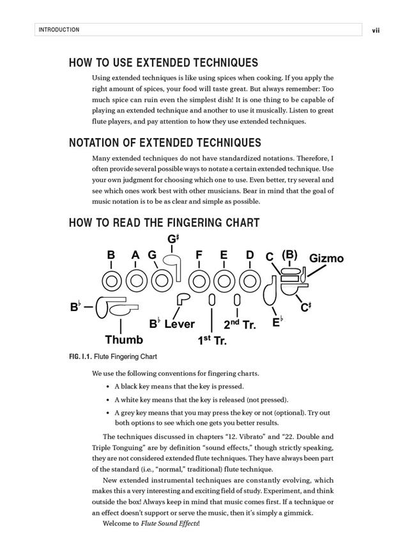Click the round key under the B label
click(112, 281)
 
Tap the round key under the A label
click(136, 281)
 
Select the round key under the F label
click(200, 281)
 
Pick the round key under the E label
click(224, 281)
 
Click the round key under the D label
click(249, 281)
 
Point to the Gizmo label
click(326, 259)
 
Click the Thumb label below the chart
click(124, 339)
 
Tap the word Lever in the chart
click(180, 324)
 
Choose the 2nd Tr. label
click(240, 324)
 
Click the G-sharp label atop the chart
click(173, 240)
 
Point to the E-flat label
click(277, 322)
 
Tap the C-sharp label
click(305, 307)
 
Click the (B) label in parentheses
click(289, 255)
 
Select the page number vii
click(376, 30)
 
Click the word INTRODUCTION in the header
click(59, 30)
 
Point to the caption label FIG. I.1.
click(80, 356)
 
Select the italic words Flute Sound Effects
click(169, 524)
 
